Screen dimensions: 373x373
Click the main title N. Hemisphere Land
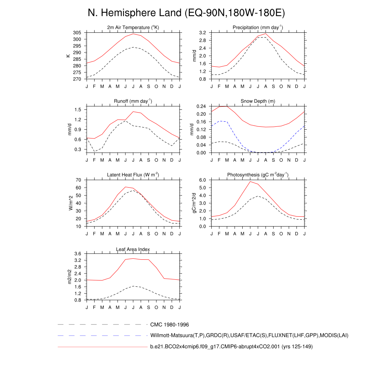pos(186,13)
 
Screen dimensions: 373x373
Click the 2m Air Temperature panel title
pos(133,28)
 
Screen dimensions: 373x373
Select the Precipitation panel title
pos(258,28)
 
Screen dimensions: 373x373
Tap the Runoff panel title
pos(133,101)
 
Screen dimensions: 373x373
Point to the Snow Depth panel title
pos(258,101)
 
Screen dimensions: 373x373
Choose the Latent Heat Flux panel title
pos(133,175)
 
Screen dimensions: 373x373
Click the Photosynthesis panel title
pos(258,175)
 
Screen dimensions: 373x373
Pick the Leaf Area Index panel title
pos(133,249)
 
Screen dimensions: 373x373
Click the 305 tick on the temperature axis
pos(77,33)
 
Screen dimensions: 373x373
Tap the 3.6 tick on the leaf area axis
pos(78,254)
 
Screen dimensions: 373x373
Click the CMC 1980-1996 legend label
pos(169,325)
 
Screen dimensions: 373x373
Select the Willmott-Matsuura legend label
pos(249,335)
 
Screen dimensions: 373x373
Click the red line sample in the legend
pos(102,347)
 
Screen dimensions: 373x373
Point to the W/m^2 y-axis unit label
pos(71,203)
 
